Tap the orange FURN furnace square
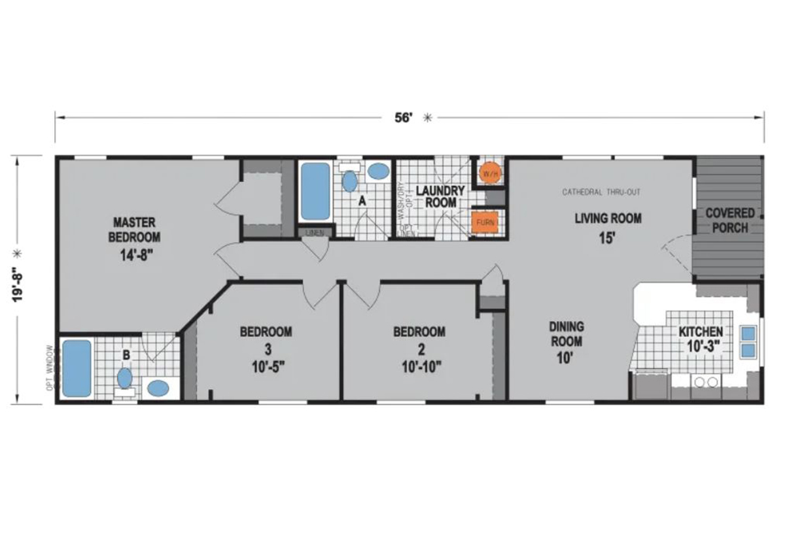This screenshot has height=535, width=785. (485, 222)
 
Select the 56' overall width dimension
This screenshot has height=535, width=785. (404, 118)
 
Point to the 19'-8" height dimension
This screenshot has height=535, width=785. (20, 280)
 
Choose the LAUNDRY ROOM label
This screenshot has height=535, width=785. (441, 196)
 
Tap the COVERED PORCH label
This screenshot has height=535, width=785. (729, 220)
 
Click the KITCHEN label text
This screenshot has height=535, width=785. (700, 332)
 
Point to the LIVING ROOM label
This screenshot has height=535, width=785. (608, 218)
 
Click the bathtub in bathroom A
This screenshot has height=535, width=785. (315, 191)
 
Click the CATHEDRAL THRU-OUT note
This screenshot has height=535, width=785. (601, 192)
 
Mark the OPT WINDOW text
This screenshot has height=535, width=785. (50, 370)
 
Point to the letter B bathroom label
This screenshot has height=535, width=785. (126, 355)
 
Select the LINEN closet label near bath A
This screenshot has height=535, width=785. (311, 232)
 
